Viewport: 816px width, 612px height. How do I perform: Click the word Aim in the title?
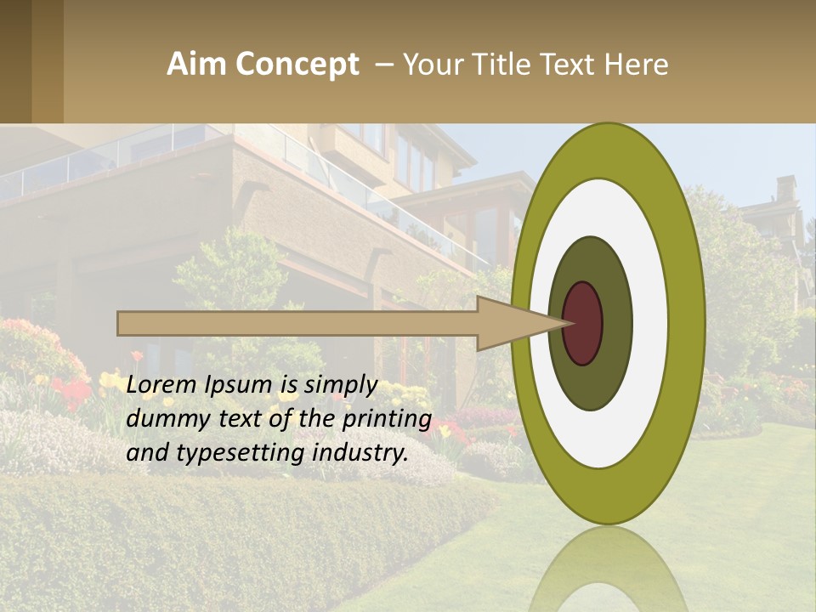point(197,65)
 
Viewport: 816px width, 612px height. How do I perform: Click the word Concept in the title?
point(297,65)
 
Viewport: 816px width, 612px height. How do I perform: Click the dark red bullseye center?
point(584,323)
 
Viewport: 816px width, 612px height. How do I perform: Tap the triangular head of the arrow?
point(510,323)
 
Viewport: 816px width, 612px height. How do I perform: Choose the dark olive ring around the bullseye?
point(616,323)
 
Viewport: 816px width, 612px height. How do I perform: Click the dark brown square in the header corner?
point(15,61)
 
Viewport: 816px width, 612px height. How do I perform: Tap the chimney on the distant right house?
point(786,189)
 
